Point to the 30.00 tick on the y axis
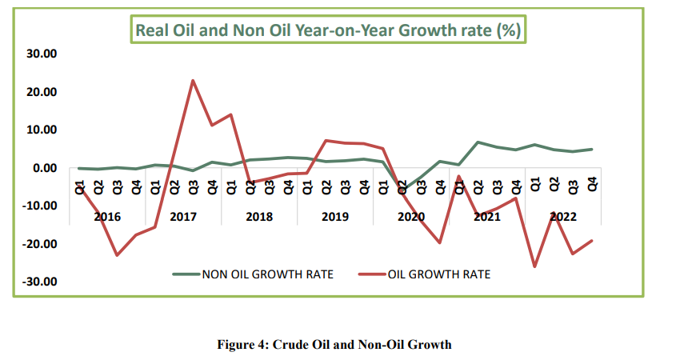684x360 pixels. [x=40, y=54]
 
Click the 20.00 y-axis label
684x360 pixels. [x=40, y=92]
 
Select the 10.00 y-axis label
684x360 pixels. [x=40, y=130]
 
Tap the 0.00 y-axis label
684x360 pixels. [x=43, y=168]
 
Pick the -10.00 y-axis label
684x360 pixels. [x=38, y=206]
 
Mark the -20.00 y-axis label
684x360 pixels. [x=38, y=244]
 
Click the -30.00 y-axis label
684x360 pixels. [x=38, y=282]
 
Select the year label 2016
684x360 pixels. [x=107, y=216]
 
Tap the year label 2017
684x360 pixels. [x=183, y=216]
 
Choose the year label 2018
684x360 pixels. [x=259, y=216]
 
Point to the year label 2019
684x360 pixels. [x=335, y=216]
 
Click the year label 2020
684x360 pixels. [x=411, y=216]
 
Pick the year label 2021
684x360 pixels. [x=487, y=216]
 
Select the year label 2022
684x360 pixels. [x=563, y=216]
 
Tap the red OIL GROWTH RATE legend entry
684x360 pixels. [x=438, y=274]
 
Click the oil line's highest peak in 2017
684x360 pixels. [x=193, y=80]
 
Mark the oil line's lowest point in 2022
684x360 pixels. [x=534, y=266]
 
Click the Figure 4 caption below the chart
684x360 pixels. [x=334, y=345]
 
